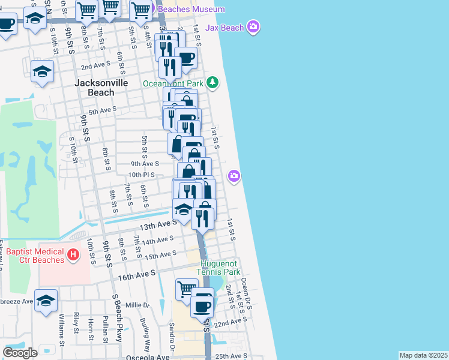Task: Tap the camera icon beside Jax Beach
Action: pyautogui.click(x=253, y=26)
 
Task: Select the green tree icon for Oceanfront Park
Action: pyautogui.click(x=212, y=83)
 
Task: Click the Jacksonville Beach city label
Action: pyautogui.click(x=101, y=88)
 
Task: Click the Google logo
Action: pyautogui.click(x=20, y=352)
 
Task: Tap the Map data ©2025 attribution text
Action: pyautogui.click(x=423, y=355)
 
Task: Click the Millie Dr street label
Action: pyautogui.click(x=137, y=305)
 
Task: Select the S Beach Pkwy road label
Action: pyautogui.click(x=116, y=318)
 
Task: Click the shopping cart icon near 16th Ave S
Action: pyautogui.click(x=187, y=290)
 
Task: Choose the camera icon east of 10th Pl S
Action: pyautogui.click(x=234, y=176)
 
